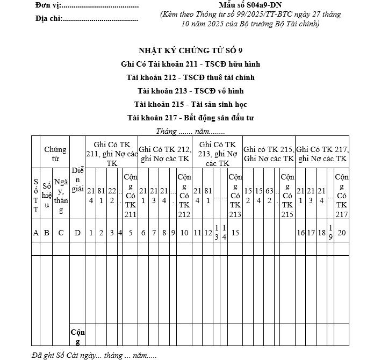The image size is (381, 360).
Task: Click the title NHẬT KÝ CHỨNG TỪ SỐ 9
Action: point(191,51)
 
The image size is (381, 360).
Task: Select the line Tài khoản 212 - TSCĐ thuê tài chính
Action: point(191,77)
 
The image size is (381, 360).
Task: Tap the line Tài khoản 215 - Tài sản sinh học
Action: point(191,103)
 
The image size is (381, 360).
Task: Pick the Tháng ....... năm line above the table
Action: point(191,131)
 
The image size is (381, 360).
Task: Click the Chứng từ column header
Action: point(55,154)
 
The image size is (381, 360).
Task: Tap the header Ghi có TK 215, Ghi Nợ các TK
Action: point(269,154)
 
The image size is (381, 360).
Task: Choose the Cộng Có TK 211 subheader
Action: point(131,195)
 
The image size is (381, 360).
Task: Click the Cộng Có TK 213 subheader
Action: point(235,195)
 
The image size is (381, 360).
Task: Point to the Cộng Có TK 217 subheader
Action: point(341,195)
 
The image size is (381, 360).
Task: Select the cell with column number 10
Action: point(184,233)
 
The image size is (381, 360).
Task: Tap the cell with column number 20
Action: point(341,233)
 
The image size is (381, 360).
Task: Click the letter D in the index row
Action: point(77,233)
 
